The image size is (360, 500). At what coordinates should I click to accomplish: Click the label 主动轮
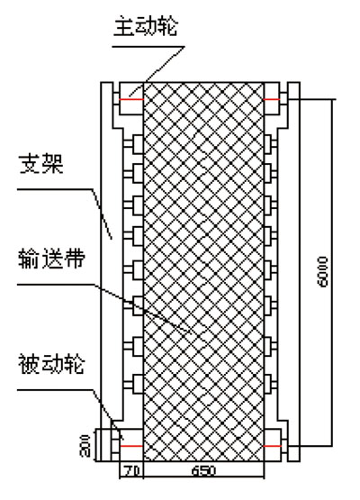pos(146,27)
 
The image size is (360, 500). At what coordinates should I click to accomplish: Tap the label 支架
pos(41,165)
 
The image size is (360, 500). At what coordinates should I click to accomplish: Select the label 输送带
pos(52,259)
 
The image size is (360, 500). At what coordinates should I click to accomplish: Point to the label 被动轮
pos(51,364)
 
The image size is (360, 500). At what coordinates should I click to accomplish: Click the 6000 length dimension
pos(323,271)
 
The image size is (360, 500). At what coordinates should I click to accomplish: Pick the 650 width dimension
pos(204,471)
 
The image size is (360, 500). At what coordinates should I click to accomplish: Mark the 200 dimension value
pos(85,445)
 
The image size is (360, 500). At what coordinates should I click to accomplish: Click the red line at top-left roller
pos(131,99)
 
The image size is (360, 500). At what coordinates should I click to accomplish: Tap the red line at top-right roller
pos(272,99)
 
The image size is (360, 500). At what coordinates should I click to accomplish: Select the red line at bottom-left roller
pos(131,446)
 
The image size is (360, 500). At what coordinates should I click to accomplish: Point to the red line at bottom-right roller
pos(273,446)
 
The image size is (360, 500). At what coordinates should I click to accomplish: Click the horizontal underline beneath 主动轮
pos(148,47)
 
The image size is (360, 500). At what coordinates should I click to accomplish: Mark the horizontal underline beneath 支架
pos(55,190)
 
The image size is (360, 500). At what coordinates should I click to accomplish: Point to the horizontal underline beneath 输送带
pos(56,285)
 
